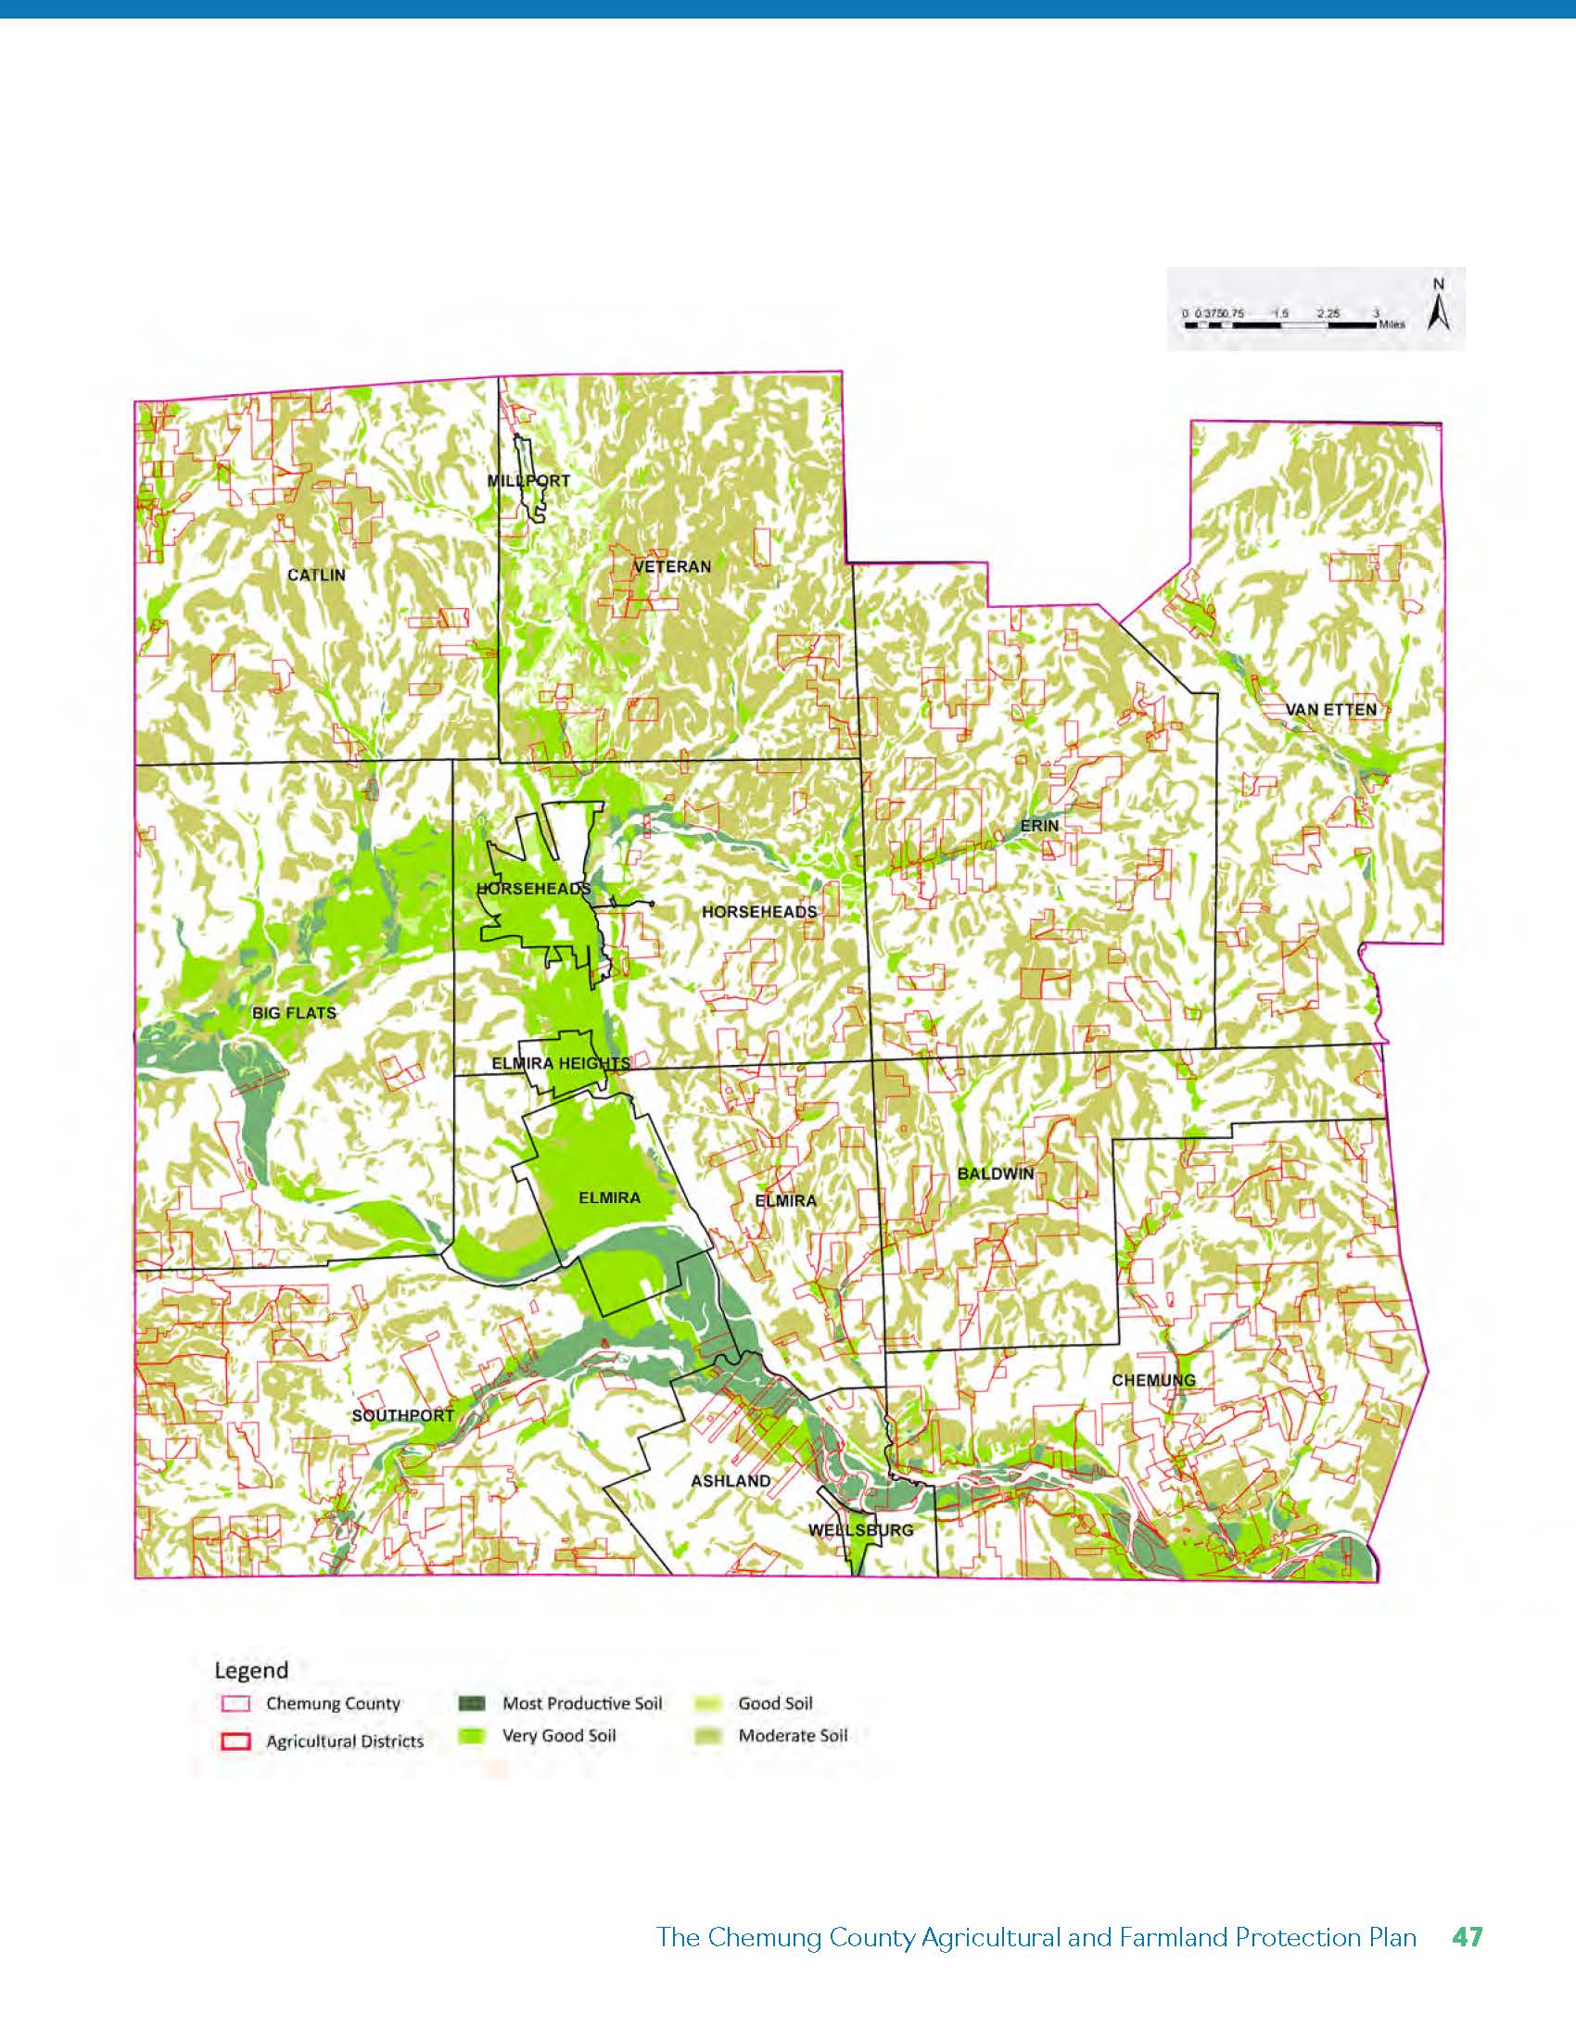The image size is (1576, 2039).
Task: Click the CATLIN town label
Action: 315,575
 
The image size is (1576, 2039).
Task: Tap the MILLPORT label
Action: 528,481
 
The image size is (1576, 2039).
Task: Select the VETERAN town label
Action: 672,566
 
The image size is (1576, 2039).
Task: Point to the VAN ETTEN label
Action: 1330,710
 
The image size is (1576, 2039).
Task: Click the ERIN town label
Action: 1039,826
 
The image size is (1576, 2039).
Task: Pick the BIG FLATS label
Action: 294,1012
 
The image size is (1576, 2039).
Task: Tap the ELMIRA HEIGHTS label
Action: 560,1063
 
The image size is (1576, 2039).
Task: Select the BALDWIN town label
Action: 997,1173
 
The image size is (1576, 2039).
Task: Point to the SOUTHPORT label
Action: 402,1415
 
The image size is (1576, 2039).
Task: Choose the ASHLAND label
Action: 731,1481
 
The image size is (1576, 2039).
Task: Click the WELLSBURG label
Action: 860,1530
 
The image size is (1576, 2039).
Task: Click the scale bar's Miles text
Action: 1391,326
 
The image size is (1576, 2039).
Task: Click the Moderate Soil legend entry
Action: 792,1736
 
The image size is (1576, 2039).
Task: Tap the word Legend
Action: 251,1669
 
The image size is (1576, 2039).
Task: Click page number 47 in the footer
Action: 1467,1937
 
